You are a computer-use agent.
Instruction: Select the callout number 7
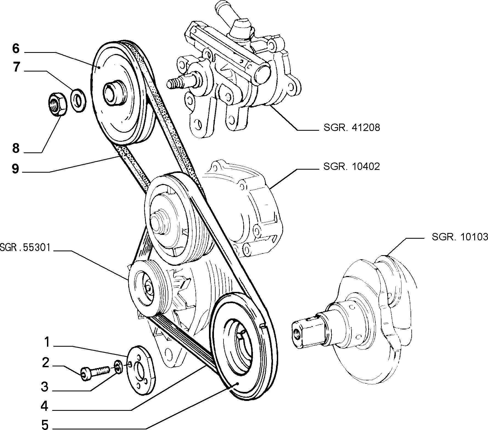click(x=16, y=67)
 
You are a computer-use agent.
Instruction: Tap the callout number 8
click(x=16, y=148)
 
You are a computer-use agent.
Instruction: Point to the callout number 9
click(x=15, y=169)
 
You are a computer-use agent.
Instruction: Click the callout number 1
click(x=47, y=342)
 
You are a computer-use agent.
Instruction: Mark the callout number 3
click(x=45, y=387)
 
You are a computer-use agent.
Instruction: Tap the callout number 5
click(x=45, y=425)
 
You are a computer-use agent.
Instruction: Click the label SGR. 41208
click(x=352, y=127)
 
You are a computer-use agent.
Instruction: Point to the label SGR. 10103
click(x=460, y=237)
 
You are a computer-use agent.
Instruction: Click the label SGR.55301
click(x=25, y=248)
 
